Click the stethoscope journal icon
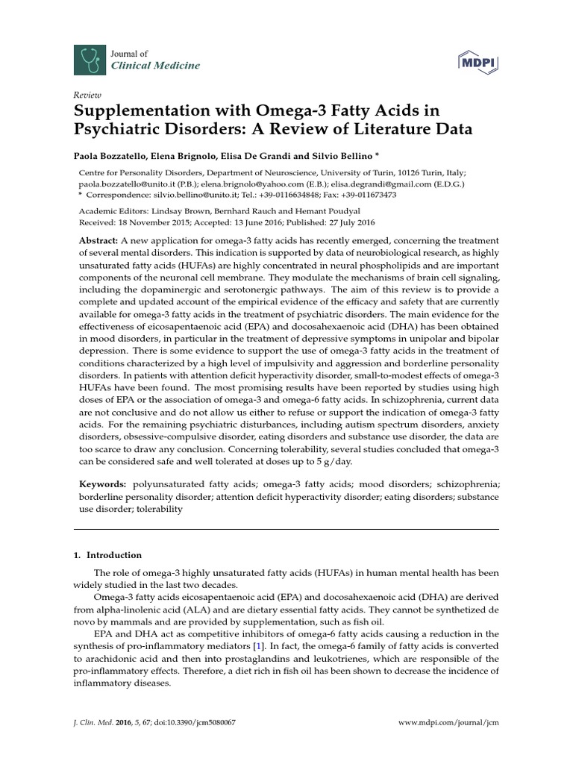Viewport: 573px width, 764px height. pyautogui.click(x=88, y=59)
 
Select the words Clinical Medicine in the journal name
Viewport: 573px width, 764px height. pyautogui.click(x=155, y=66)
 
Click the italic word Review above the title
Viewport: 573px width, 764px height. pyautogui.click(x=86, y=95)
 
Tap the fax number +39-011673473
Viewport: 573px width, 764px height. pyautogui.click(x=364, y=195)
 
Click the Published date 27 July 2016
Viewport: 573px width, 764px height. pyautogui.click(x=348, y=222)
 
